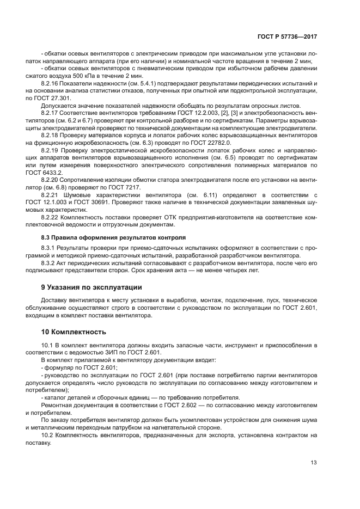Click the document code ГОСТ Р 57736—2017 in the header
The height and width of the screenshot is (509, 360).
tap(287, 35)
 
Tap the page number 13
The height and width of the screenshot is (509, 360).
tap(313, 463)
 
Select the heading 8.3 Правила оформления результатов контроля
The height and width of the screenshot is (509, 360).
tap(113, 237)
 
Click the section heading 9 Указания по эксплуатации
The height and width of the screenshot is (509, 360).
tap(92, 286)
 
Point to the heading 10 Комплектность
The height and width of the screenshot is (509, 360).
tap(73, 332)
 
